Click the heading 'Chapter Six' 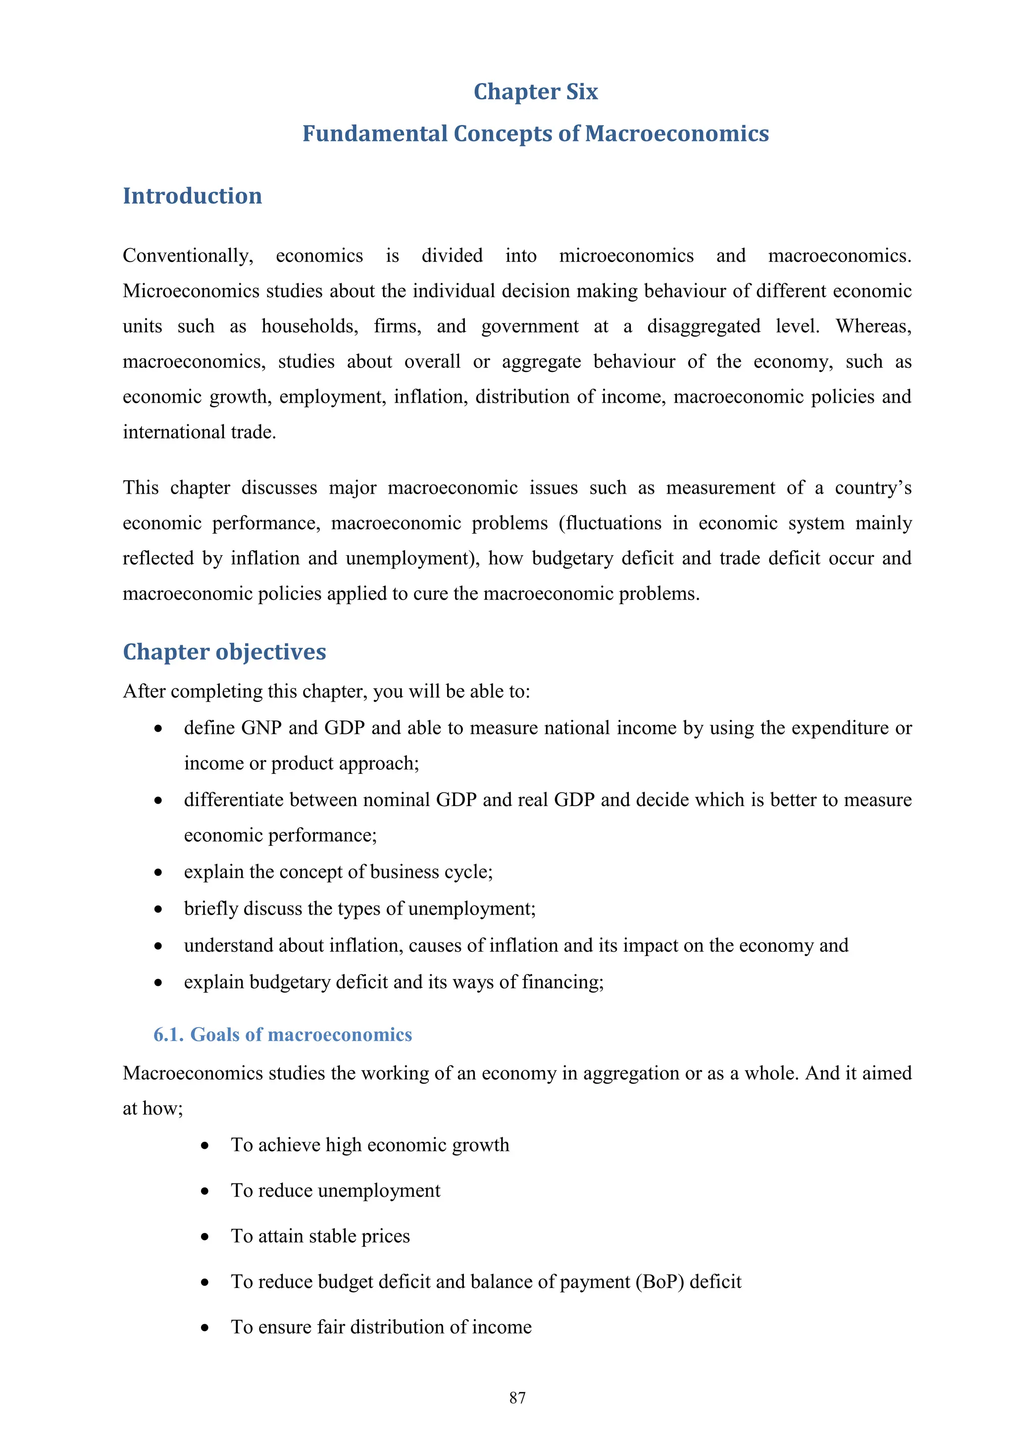(535, 92)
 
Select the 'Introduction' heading (192, 196)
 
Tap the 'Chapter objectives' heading (224, 652)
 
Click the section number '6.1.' (168, 1034)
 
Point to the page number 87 (517, 1398)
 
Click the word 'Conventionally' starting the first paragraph (187, 256)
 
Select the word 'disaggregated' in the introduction (703, 326)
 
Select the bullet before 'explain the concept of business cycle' (158, 872)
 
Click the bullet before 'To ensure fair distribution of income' (205, 1329)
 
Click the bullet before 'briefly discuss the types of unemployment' (158, 909)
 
